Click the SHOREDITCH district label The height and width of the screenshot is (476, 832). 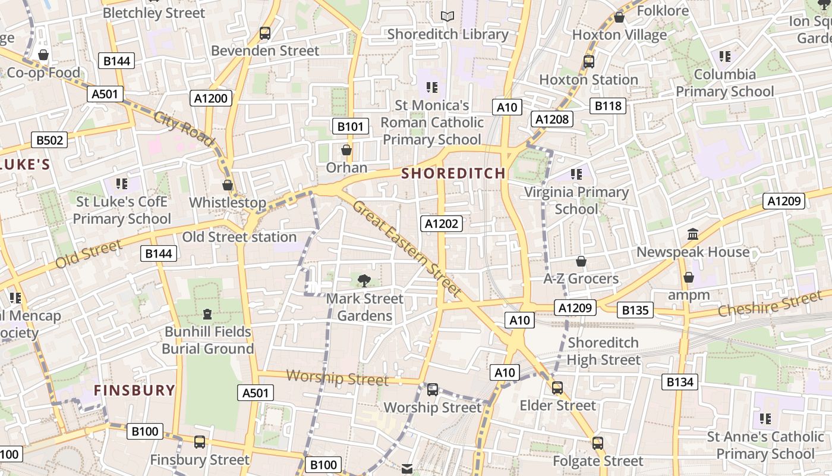click(454, 173)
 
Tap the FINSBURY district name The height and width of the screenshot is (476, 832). click(135, 390)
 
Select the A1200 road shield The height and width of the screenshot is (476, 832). click(211, 98)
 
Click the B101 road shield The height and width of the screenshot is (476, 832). click(349, 126)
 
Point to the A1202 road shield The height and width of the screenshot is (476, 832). click(442, 224)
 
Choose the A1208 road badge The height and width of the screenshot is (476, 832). click(552, 119)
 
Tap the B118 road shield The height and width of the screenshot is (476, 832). click(608, 106)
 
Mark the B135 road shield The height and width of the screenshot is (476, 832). click(635, 310)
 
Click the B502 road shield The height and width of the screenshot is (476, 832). click(49, 140)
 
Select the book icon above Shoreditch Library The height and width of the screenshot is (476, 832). click(447, 17)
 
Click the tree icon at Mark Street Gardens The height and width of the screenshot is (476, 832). click(364, 280)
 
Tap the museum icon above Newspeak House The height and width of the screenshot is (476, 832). click(692, 234)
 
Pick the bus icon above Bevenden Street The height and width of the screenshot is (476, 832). click(265, 33)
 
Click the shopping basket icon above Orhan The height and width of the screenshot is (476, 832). click(346, 151)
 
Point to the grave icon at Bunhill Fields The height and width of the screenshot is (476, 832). click(207, 314)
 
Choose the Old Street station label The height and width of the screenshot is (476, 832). click(239, 237)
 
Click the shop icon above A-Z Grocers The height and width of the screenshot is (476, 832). click(581, 261)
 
